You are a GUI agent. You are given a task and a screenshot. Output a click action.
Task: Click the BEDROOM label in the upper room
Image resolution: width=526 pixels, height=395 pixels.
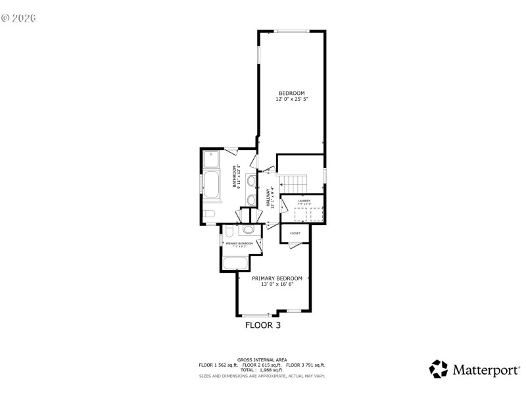click(291, 93)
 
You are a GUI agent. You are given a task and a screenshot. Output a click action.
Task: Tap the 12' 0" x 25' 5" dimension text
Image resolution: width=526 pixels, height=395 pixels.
click(291, 99)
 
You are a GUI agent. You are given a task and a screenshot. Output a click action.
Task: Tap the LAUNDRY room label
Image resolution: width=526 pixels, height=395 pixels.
click(304, 201)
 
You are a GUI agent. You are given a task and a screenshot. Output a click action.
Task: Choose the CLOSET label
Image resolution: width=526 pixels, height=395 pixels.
click(295, 233)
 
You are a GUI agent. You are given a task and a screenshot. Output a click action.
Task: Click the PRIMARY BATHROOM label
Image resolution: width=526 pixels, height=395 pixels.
click(239, 244)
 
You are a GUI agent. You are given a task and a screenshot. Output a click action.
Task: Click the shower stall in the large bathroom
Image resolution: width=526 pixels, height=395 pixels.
click(212, 159)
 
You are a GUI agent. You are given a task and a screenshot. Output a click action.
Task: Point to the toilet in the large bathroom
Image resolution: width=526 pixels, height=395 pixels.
click(208, 214)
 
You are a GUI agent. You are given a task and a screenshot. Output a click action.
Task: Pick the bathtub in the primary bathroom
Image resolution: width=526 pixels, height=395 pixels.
click(235, 263)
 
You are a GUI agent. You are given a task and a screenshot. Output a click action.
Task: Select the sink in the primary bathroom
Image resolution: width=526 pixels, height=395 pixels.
click(249, 229)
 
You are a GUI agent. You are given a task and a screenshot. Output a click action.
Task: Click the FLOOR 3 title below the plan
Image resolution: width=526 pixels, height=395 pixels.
click(263, 325)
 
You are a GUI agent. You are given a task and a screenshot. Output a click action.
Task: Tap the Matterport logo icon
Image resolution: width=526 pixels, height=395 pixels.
click(438, 369)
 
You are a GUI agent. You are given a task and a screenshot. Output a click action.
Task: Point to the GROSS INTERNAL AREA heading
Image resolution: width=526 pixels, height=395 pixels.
click(262, 359)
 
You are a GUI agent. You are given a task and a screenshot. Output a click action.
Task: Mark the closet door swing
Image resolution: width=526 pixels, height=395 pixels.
click(295, 246)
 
